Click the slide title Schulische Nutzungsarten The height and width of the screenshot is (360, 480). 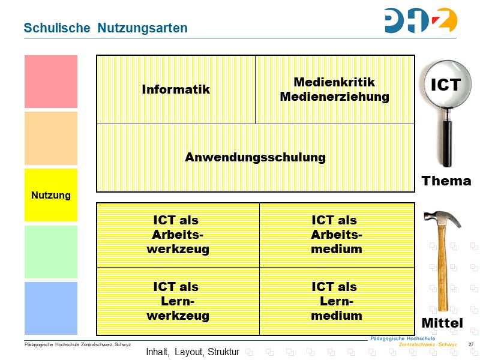(106, 28)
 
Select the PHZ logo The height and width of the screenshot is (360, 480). (420, 20)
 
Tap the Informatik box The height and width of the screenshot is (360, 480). (176, 89)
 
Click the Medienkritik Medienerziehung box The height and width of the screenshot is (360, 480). (334, 89)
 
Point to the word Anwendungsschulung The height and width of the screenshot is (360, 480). (255, 157)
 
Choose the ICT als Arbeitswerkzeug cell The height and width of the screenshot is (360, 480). (178, 235)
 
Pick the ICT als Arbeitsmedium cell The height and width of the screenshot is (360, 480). (336, 235)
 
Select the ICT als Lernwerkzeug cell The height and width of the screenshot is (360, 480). (178, 301)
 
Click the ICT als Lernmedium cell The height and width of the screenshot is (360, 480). (336, 301)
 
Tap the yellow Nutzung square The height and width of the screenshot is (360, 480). (51, 195)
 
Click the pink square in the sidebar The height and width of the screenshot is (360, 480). (51, 82)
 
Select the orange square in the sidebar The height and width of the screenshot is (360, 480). (51, 138)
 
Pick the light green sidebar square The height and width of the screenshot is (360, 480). (51, 251)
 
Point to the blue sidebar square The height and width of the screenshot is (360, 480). (51, 308)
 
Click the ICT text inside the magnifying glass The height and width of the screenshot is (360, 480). (446, 85)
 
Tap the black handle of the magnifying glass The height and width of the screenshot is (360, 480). (447, 138)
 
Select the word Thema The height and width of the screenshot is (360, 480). (446, 181)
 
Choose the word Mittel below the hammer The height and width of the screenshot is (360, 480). (442, 323)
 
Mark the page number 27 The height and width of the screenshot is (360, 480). (470, 344)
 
